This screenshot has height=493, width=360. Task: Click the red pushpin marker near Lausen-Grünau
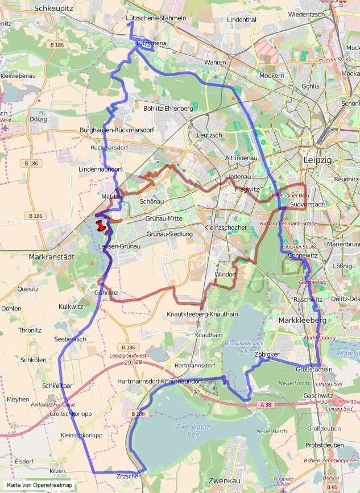[x=102, y=226]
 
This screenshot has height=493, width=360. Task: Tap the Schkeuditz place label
[x=54, y=9]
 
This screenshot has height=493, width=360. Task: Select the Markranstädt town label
[x=51, y=257]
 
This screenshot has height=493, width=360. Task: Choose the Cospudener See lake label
[x=242, y=347]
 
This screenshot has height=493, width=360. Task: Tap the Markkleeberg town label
[x=303, y=321]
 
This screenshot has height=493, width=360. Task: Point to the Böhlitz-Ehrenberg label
[x=168, y=107]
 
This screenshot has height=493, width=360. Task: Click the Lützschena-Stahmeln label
[x=156, y=18]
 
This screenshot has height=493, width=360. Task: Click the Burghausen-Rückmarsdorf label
[x=125, y=130]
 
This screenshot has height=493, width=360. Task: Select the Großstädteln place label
[x=314, y=369]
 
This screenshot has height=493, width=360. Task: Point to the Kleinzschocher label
[x=225, y=227]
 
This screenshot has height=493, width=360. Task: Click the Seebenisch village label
[x=70, y=339]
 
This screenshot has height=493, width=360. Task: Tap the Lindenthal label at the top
[x=241, y=19]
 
